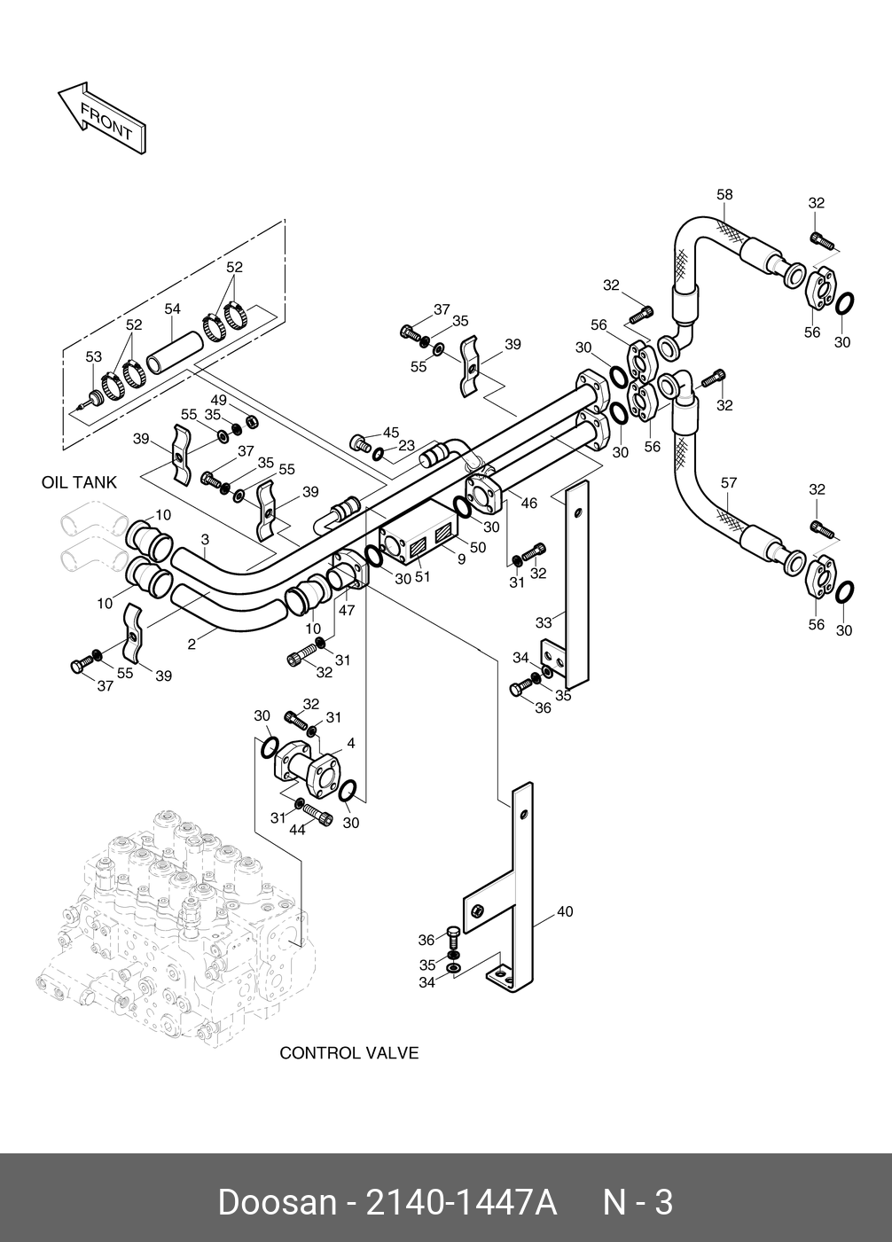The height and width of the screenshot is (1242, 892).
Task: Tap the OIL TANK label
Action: coord(79,483)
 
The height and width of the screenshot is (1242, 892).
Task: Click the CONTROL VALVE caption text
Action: coord(348,1053)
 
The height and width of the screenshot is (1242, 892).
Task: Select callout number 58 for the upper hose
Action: coord(724,195)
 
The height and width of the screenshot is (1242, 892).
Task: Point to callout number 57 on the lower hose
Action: coord(729,483)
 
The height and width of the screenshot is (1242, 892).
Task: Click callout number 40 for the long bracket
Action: coord(565,911)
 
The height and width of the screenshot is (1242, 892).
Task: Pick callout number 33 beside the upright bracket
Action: coord(544,622)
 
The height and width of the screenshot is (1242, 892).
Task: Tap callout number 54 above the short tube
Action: coord(172,309)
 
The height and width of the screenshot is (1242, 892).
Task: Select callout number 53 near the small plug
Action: coord(94,357)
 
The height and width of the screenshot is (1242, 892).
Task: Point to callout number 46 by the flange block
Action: coord(528,504)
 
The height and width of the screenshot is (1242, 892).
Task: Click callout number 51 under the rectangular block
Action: coord(422,577)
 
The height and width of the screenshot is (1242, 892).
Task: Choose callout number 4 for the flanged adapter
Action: coord(351,743)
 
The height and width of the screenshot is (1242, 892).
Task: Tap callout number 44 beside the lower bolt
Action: coord(297,830)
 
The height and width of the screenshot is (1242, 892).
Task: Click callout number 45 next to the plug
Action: coord(391,433)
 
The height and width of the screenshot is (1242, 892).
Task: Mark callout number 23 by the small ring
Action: coord(406,446)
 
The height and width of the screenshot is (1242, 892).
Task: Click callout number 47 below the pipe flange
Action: coord(346,611)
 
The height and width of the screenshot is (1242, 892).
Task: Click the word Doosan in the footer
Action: coord(277,1203)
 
